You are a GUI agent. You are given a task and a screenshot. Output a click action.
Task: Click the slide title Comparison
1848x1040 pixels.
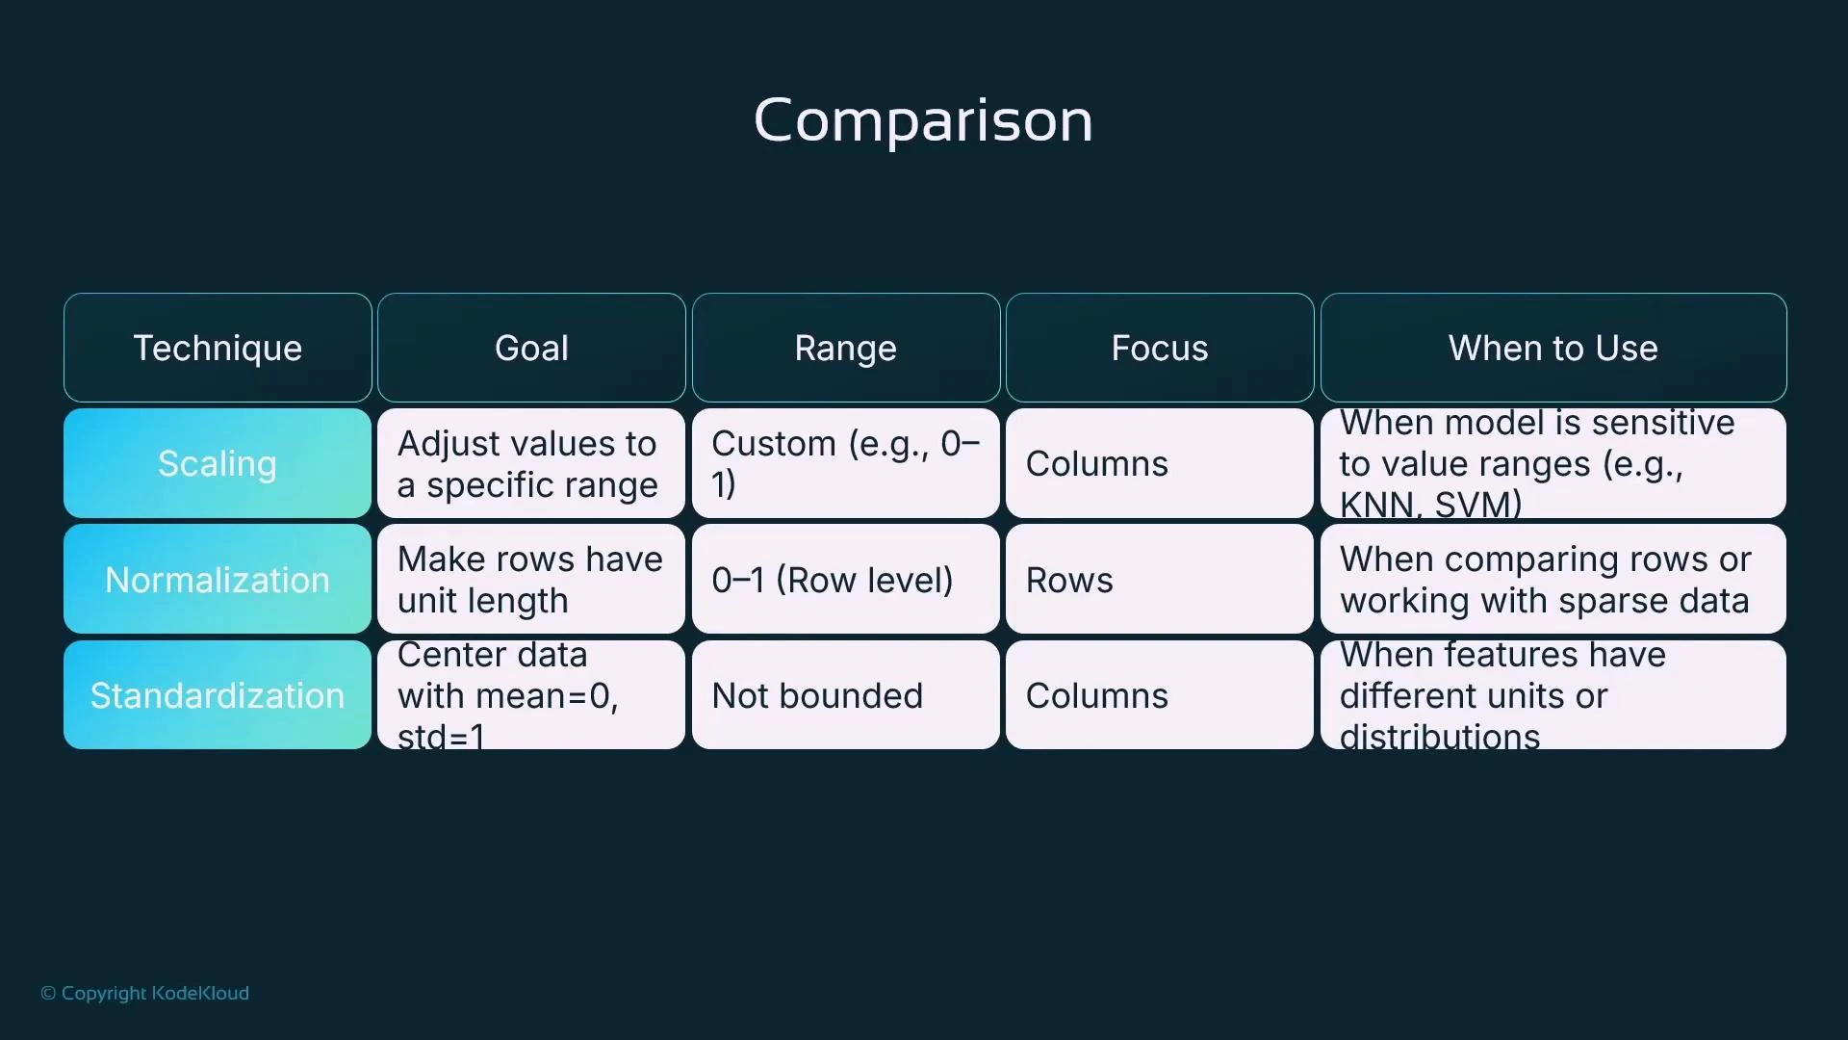[x=923, y=120]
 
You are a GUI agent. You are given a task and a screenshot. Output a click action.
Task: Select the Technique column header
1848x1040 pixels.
[x=218, y=348]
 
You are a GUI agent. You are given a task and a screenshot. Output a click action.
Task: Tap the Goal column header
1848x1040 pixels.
[x=531, y=348]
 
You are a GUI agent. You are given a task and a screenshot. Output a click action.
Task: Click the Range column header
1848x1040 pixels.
[x=845, y=348]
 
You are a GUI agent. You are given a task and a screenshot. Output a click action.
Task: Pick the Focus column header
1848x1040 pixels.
[x=1159, y=348]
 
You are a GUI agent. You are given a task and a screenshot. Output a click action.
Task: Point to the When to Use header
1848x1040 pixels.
[x=1553, y=348]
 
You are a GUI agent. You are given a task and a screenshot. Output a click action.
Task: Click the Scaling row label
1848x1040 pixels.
[x=218, y=463]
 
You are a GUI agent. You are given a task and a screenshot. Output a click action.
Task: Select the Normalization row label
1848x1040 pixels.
[x=218, y=580]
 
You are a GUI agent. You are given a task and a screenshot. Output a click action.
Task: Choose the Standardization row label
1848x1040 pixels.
[x=218, y=695]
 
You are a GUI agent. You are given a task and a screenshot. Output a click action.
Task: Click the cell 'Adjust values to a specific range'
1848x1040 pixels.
[x=531, y=463]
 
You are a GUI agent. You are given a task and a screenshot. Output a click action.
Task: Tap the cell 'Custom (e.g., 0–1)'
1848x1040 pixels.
[x=845, y=463]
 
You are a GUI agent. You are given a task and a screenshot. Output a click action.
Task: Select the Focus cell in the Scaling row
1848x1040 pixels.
[x=1159, y=463]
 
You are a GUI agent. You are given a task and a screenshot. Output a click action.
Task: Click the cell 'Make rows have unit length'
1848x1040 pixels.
[x=531, y=580]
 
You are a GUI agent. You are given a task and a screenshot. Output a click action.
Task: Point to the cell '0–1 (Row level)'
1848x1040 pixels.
[x=845, y=580]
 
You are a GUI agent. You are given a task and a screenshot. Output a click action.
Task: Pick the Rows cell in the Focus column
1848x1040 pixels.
[x=1159, y=580]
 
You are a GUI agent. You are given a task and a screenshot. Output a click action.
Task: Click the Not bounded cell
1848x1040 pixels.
[x=845, y=695]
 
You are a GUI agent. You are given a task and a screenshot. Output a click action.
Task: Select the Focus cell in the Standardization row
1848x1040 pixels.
[x=1159, y=695]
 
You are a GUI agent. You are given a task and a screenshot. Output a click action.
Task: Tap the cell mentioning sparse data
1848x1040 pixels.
[x=1553, y=580]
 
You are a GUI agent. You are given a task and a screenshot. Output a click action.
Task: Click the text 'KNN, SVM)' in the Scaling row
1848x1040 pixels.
[x=1430, y=505]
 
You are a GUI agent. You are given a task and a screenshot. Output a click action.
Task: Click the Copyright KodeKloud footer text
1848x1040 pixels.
[x=145, y=993]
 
